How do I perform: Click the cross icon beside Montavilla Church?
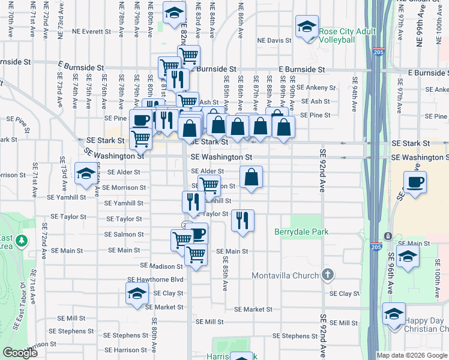click(327, 275)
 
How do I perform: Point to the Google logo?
click(20, 353)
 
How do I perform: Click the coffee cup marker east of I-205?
click(414, 182)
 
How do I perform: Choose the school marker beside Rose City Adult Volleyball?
click(306, 28)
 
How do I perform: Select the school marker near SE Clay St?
click(137, 295)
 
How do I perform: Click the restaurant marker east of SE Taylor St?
click(243, 221)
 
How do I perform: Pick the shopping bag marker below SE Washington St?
click(252, 178)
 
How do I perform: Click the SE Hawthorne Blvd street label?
click(160, 280)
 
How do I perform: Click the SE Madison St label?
click(161, 265)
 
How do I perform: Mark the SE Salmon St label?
click(124, 235)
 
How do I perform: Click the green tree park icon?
click(22, 241)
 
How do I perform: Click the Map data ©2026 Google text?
click(412, 355)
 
